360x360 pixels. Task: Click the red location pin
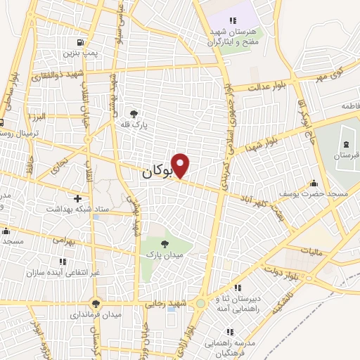pyautogui.click(x=181, y=165)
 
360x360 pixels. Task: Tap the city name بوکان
pyautogui.click(x=156, y=171)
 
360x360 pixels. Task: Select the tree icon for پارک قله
pyautogui.click(x=134, y=112)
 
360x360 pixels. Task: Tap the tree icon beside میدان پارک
pyautogui.click(x=165, y=243)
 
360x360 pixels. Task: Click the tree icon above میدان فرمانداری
pyautogui.click(x=96, y=303)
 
